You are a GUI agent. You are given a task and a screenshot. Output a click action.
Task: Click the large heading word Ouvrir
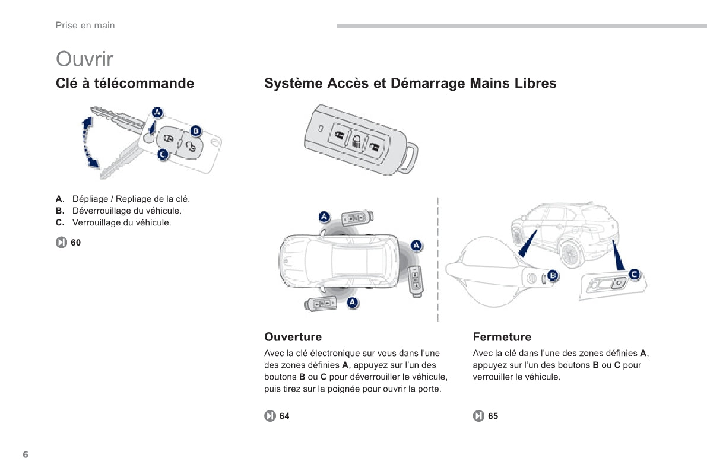[84, 59]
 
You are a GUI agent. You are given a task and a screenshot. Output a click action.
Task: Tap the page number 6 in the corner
[26, 454]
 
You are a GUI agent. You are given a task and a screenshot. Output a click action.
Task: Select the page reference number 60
[76, 243]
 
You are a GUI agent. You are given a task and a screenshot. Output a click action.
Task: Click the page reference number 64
[284, 416]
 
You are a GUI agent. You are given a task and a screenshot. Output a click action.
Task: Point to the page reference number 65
[493, 416]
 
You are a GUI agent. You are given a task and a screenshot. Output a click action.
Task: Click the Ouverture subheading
[293, 337]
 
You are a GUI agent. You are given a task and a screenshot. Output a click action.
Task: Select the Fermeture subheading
[502, 337]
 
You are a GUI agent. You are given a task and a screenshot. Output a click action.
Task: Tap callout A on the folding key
[157, 112]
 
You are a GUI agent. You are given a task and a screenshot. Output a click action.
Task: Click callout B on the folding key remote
[196, 131]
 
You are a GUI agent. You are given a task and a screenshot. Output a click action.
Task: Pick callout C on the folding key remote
[163, 155]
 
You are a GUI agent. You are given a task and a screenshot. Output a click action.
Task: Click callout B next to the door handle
[553, 275]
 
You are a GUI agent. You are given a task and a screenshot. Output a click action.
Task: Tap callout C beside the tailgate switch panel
[635, 274]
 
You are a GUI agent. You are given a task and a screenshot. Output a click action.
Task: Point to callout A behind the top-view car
[416, 245]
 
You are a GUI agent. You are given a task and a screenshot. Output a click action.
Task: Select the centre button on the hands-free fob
[356, 141]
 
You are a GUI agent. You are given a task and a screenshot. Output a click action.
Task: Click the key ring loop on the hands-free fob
[408, 158]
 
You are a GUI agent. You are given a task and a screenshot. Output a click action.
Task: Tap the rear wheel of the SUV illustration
[570, 254]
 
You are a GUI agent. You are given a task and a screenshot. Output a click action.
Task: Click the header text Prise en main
[85, 26]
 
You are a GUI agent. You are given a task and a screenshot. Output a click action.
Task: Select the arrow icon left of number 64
[270, 416]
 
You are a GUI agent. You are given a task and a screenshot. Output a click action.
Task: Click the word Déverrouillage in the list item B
[100, 211]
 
